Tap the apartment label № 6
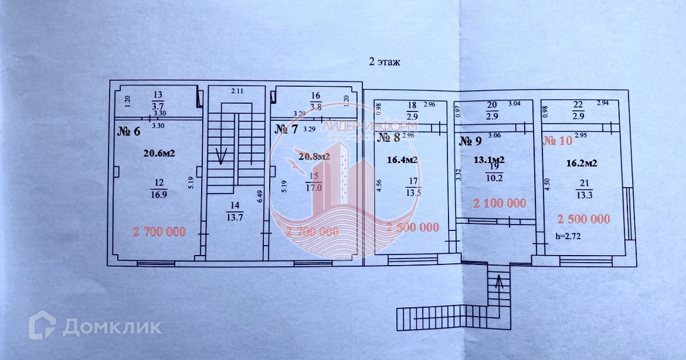tap(129, 131)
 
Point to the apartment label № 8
tap(388, 138)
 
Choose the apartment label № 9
tap(470, 141)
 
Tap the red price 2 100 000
tap(500, 203)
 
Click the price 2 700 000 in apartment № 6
tap(159, 232)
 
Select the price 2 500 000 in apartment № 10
tap(583, 219)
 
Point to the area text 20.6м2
tap(160, 154)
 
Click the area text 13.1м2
tap(490, 159)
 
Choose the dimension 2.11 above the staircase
tap(237, 91)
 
